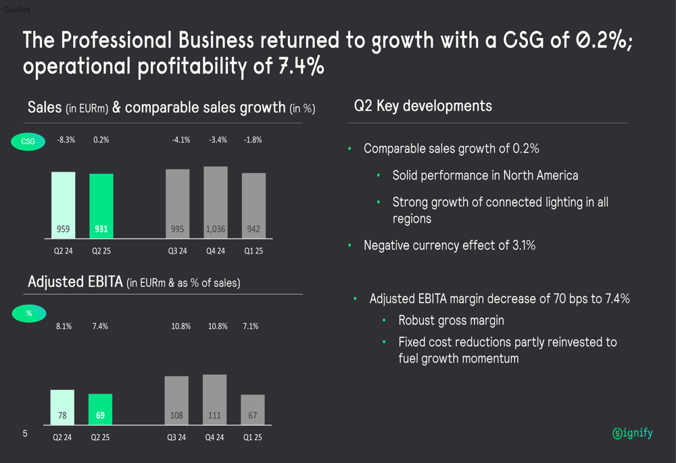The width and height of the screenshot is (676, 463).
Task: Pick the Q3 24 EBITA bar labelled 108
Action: coord(176,400)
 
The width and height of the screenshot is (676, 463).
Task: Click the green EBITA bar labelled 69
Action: coord(100,409)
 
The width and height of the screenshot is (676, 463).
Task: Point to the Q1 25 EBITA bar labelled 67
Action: coord(253,410)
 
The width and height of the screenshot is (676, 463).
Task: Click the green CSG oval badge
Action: coord(28,141)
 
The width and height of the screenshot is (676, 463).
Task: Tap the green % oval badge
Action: coord(28,314)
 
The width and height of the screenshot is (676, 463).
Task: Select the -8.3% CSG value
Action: coord(66,140)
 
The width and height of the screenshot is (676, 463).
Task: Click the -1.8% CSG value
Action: coord(253,140)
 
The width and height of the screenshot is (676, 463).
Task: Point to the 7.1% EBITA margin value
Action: coord(250,326)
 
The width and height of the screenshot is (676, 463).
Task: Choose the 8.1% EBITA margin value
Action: coord(64,326)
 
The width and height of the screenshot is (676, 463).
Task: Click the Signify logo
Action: coord(633,433)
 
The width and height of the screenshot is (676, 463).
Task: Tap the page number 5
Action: coord(25,433)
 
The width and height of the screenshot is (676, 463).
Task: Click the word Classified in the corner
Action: coord(16,10)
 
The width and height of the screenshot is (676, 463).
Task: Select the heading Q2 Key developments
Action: coord(422,106)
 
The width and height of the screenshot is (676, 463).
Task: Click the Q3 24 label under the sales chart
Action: coord(178,251)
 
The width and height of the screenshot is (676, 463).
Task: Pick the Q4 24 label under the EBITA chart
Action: coord(215,437)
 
